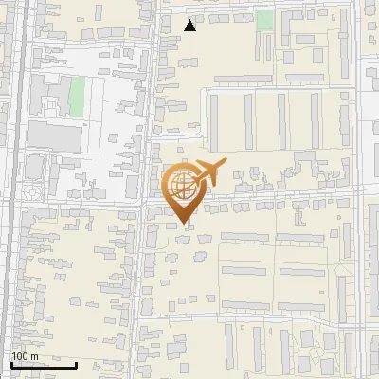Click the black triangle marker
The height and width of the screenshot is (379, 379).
coord(190,26)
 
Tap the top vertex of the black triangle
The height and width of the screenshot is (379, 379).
coord(190,19)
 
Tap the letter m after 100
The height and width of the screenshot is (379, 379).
coord(35,356)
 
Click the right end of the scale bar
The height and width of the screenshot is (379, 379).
coord(77,365)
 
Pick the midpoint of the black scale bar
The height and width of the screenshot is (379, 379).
coord(44,365)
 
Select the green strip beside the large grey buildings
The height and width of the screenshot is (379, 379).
coord(77,95)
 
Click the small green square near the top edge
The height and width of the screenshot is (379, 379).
coord(265,20)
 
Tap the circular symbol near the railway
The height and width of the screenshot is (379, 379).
coord(32,192)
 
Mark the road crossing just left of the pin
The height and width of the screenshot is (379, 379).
coord(144,202)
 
